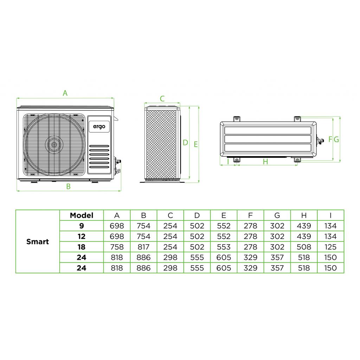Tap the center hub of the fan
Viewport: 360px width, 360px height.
[x=53, y=144]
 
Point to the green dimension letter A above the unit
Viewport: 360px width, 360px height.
[x=65, y=93]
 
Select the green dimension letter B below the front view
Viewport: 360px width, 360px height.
[x=69, y=187]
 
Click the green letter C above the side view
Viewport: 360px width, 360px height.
[x=162, y=99]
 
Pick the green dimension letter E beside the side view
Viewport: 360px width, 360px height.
[x=196, y=144]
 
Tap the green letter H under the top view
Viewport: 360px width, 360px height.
[x=265, y=162]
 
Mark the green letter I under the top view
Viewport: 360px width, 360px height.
[x=228, y=162]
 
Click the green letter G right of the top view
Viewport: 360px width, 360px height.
[x=336, y=139]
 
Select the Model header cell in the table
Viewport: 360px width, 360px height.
[x=82, y=215]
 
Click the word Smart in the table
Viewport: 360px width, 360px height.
[x=38, y=242]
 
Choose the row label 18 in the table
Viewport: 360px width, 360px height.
[x=82, y=247]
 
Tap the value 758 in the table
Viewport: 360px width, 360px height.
[x=117, y=247]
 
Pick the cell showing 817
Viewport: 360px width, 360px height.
[x=143, y=247]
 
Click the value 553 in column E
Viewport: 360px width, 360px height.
[x=224, y=247]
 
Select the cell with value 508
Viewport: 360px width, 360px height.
[x=304, y=247]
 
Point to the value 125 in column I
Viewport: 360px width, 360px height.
[x=330, y=247]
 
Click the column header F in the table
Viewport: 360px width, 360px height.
[x=250, y=215]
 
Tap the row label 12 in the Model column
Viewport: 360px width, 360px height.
[x=82, y=236]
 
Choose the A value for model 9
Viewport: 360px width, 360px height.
[x=117, y=226]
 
